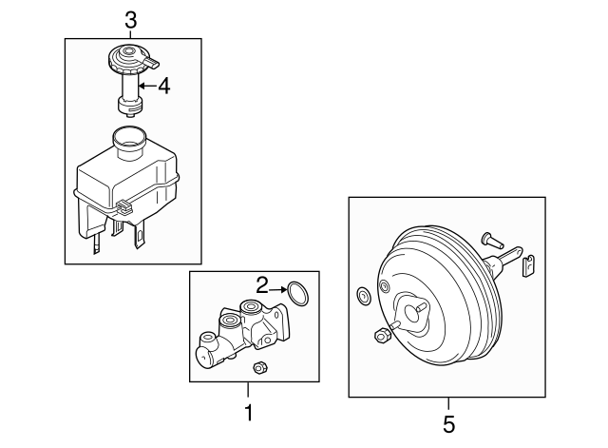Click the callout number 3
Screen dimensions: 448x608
[132, 18]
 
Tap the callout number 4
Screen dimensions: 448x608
[163, 87]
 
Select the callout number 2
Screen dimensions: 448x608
[261, 283]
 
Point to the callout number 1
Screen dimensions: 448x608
[248, 413]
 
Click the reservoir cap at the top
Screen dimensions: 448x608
[126, 60]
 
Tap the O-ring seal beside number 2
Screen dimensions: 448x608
[297, 292]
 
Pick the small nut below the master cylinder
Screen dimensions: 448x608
[258, 367]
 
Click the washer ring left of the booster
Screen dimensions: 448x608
[362, 298]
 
